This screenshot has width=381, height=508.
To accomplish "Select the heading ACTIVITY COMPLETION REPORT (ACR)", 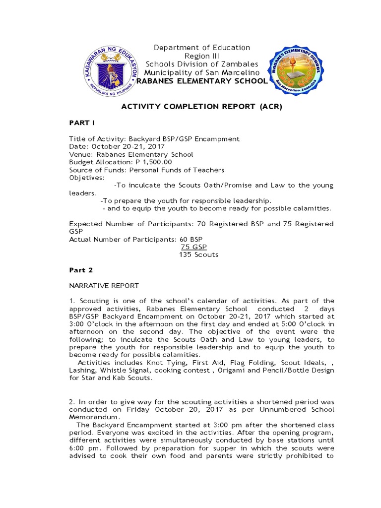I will coord(201,107).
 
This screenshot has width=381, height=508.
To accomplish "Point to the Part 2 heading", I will coord(80,270).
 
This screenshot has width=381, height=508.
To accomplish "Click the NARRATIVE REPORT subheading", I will coord(104,286).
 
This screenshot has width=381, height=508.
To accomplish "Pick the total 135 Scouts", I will coord(198,254).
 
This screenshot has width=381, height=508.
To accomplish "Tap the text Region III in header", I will coord(201,56).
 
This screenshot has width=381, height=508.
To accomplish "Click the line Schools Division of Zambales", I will coord(201,64).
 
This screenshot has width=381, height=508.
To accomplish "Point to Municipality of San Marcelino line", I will coord(201,72).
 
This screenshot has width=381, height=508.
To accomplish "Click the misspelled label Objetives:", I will coord(87,177).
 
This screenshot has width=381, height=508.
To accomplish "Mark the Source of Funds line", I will coord(146,170).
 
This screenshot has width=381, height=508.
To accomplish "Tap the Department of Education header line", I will coord(201,48).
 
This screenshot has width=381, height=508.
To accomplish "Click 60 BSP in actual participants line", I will coord(191,239).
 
